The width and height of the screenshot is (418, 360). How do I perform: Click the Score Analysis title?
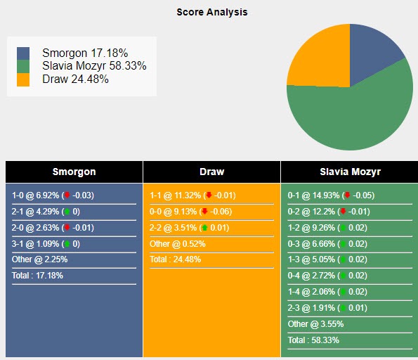pyautogui.click(x=211, y=12)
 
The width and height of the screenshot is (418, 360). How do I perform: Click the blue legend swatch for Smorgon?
pyautogui.click(x=24, y=53)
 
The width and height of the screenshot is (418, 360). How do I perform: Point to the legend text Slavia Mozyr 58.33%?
pyautogui.click(x=94, y=66)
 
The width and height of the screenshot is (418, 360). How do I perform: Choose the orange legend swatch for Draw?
pyautogui.click(x=24, y=79)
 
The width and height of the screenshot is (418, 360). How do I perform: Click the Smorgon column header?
pyautogui.click(x=74, y=172)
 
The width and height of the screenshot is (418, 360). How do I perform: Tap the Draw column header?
pyautogui.click(x=211, y=172)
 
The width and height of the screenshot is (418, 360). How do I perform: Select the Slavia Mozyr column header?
pyautogui.click(x=349, y=172)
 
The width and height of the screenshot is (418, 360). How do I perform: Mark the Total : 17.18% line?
pyautogui.click(x=38, y=276)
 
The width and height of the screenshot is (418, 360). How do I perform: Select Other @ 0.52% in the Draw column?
pyautogui.click(x=177, y=244)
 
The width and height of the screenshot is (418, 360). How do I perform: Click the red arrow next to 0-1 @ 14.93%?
pyautogui.click(x=346, y=195)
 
